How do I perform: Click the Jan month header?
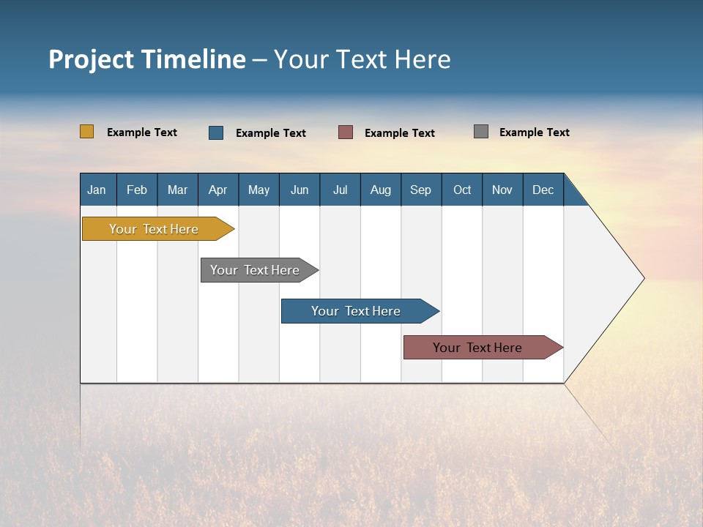(97, 190)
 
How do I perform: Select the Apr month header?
(217, 190)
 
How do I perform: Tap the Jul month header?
(340, 190)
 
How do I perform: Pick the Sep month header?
(420, 190)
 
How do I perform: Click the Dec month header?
(543, 190)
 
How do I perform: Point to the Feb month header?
(137, 190)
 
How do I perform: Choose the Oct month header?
(462, 190)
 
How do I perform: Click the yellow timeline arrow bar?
(154, 229)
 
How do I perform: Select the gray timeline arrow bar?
(255, 270)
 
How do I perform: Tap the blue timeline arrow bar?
(356, 311)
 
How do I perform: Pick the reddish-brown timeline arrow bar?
(477, 348)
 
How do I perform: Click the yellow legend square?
(86, 132)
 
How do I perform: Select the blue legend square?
(216, 132)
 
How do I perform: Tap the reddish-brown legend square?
(346, 132)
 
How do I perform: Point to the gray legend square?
(481, 132)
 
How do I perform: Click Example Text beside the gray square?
(534, 132)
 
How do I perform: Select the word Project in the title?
(90, 59)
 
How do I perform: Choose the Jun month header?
(300, 190)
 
